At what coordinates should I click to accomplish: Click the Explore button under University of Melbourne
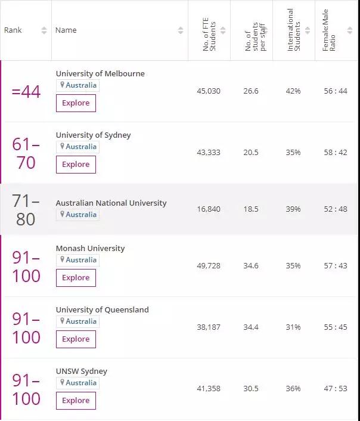click(76, 103)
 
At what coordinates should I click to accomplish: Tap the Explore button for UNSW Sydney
click(76, 401)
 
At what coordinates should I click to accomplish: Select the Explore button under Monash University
click(76, 278)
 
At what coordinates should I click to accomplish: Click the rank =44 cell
click(26, 92)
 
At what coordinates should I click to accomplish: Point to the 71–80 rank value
click(26, 210)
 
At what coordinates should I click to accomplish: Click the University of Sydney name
click(93, 135)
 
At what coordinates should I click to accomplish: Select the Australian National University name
click(111, 203)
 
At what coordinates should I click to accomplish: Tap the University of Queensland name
click(102, 310)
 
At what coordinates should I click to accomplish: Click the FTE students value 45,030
click(209, 91)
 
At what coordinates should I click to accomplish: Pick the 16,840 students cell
click(209, 209)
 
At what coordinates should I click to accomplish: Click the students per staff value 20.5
click(251, 153)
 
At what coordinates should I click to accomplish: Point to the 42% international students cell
click(293, 91)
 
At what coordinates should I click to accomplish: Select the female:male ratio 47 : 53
click(336, 389)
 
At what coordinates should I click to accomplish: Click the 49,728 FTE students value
click(209, 266)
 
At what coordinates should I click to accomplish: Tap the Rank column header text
click(13, 30)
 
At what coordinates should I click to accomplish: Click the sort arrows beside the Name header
click(181, 30)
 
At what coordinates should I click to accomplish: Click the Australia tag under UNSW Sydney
click(78, 383)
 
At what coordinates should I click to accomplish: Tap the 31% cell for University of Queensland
click(293, 327)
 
